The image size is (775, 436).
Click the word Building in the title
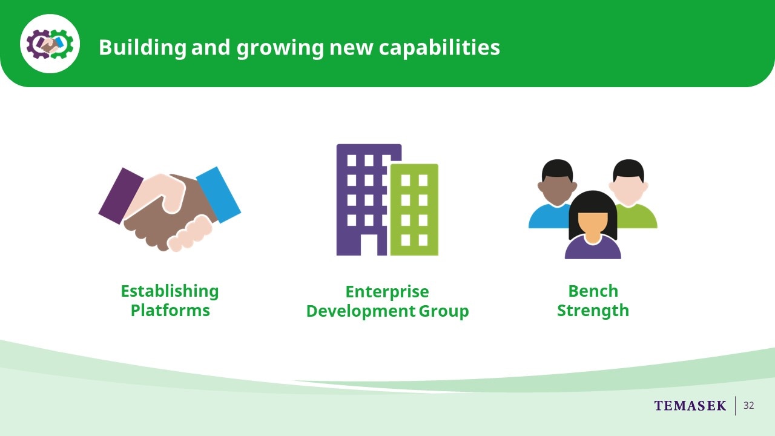click(142, 47)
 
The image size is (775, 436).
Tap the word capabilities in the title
click(440, 47)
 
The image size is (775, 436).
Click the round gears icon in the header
click(50, 44)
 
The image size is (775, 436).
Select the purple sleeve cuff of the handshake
click(120, 196)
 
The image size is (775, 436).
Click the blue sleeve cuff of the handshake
click(219, 195)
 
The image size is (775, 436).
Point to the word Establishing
click(170, 292)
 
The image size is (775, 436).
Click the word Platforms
click(170, 311)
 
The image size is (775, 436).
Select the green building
click(414, 210)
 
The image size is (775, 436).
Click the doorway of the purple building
click(369, 245)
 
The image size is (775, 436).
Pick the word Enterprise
click(387, 292)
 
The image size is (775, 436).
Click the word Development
click(360, 311)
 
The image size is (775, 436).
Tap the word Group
click(444, 311)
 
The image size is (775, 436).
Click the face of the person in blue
click(557, 190)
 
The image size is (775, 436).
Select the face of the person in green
click(628, 190)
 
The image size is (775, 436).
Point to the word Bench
click(593, 291)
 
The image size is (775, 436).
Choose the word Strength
click(593, 311)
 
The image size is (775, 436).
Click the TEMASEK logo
click(690, 406)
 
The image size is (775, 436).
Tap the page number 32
click(749, 406)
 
